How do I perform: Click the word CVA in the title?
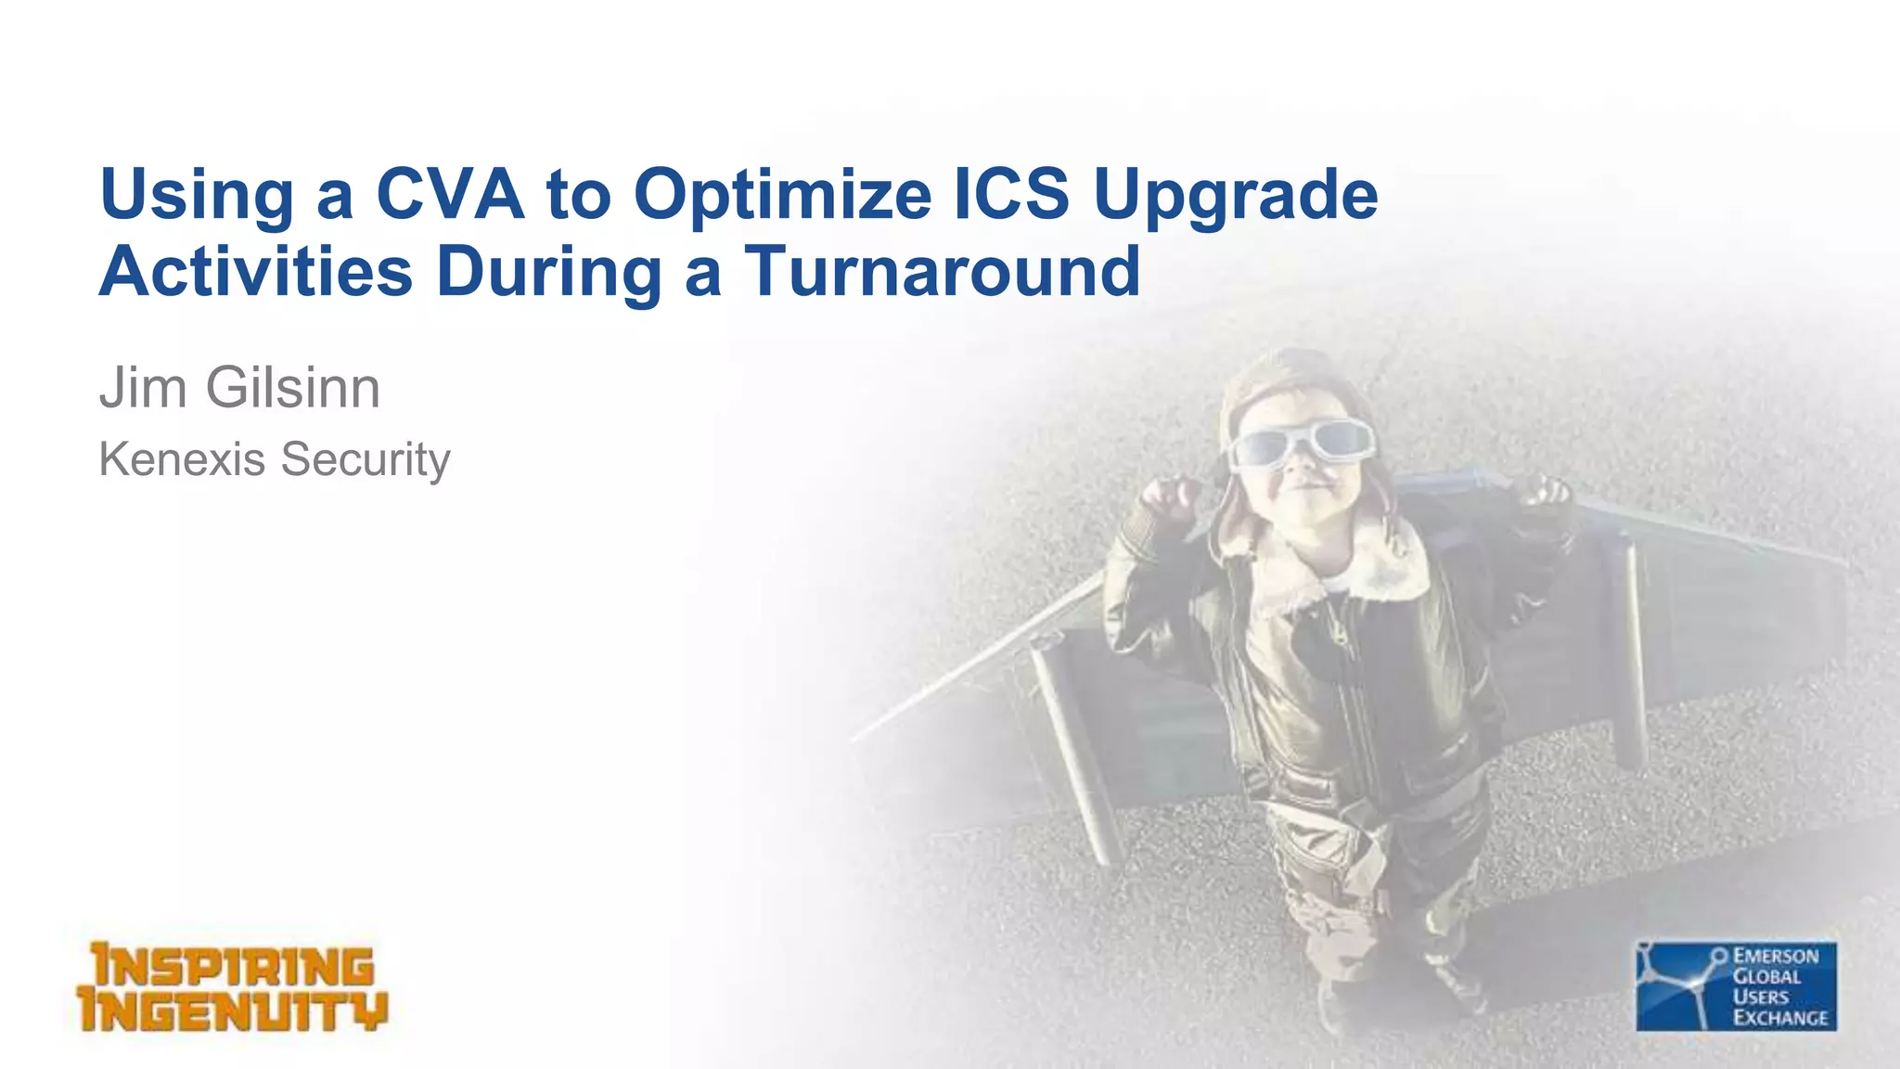click(450, 194)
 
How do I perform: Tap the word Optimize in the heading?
click(782, 196)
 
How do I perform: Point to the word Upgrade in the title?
click(1236, 196)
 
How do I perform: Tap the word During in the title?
click(548, 273)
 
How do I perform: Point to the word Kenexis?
click(182, 458)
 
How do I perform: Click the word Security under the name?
click(366, 460)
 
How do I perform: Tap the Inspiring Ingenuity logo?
click(232, 987)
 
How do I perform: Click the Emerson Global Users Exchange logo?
click(1735, 986)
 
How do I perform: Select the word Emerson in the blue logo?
click(1776, 956)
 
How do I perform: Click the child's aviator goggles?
click(1299, 443)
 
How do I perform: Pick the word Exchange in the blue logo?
click(1779, 1017)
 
